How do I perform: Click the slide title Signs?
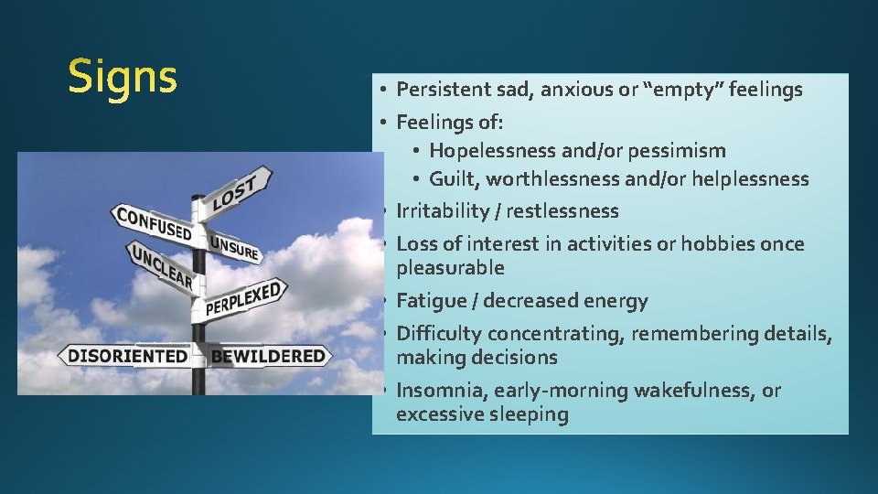coord(123,77)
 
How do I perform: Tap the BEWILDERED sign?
coord(267,356)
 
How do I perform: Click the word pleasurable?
coord(450,268)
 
